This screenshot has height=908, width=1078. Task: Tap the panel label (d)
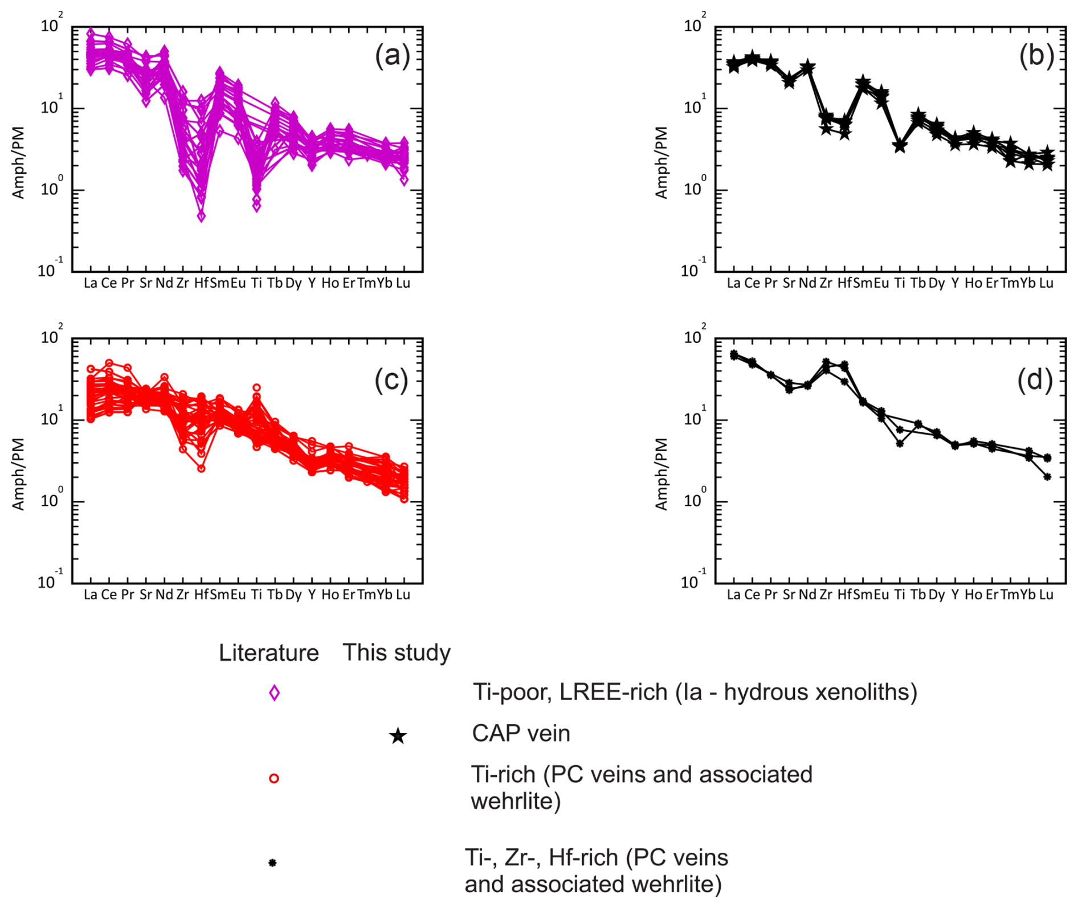point(1035,380)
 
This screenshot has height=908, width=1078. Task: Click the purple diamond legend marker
point(274,693)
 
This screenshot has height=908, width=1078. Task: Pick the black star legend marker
point(398,736)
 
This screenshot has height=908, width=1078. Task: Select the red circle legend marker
point(274,778)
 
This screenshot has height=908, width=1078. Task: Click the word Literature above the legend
point(268,653)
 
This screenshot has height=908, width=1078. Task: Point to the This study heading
point(396,653)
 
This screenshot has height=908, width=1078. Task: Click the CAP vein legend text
point(521,734)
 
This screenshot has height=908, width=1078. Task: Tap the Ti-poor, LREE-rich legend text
point(695,692)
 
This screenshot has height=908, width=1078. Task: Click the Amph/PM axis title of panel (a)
point(19,162)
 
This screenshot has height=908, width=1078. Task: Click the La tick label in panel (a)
point(90,283)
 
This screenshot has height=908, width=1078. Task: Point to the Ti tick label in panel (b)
point(900,283)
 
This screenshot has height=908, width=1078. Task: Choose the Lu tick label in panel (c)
point(403,595)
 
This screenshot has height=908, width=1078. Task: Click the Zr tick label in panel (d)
point(826,595)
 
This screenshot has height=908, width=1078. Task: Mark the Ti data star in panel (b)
point(900,146)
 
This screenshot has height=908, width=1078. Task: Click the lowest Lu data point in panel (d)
point(1047,477)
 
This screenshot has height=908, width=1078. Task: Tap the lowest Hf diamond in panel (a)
point(201,216)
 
